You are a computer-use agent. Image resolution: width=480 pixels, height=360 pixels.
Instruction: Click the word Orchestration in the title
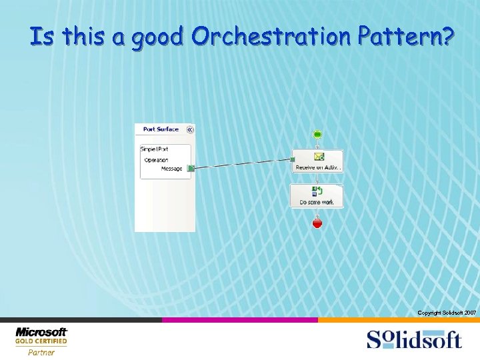[269, 37]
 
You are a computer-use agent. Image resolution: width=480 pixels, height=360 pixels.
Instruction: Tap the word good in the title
[157, 38]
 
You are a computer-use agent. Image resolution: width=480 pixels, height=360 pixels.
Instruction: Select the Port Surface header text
[161, 129]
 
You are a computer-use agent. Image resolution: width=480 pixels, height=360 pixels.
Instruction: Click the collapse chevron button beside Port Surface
[189, 129]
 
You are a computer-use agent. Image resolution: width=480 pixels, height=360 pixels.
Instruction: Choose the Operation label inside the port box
[156, 160]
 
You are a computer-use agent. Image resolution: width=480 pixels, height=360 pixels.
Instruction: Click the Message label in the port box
[171, 169]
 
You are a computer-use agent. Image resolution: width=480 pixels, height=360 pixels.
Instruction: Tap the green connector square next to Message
[191, 169]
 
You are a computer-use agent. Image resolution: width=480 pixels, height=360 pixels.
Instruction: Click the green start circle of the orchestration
[317, 135]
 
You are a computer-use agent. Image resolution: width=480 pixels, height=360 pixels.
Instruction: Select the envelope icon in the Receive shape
[319, 157]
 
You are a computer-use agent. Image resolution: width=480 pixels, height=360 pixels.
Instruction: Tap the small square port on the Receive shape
[292, 159]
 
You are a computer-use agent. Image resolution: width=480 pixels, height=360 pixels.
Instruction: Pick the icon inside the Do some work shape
[317, 191]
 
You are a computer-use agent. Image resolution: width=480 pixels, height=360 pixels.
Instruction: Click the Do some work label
[317, 202]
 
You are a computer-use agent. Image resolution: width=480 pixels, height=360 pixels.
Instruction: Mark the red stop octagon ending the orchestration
[317, 223]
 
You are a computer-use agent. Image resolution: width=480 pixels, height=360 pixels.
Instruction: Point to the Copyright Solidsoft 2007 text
[446, 313]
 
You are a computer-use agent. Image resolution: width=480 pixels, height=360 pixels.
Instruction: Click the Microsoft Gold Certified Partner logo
[41, 341]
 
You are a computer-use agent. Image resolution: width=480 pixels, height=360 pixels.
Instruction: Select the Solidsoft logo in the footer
[413, 339]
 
